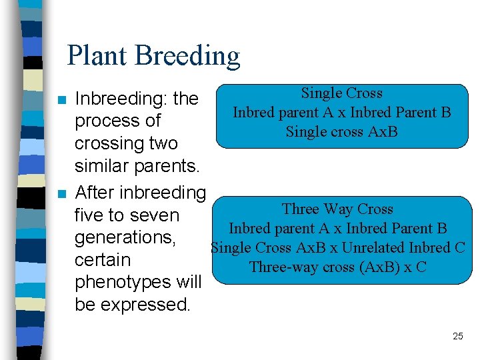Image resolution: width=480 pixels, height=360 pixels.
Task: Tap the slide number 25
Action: pyautogui.click(x=457, y=336)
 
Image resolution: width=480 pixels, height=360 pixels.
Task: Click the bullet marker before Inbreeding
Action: pyautogui.click(x=62, y=101)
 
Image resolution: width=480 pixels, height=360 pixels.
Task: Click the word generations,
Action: pyautogui.click(x=125, y=237)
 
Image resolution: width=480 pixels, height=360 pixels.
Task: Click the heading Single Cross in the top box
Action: pyautogui.click(x=341, y=93)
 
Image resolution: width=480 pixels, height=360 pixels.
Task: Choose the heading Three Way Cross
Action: pyautogui.click(x=337, y=209)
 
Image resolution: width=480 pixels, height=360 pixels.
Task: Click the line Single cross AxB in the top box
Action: pyautogui.click(x=341, y=131)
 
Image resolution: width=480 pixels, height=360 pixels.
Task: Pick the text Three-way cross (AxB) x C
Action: pyautogui.click(x=337, y=267)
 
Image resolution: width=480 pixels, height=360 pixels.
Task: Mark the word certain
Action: pyautogui.click(x=103, y=260)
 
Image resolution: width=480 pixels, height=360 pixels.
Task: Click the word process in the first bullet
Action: pyautogui.click(x=107, y=121)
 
